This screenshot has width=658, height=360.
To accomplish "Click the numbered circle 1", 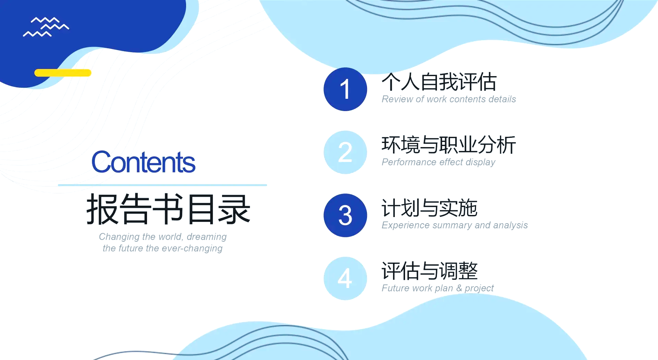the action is [345, 89].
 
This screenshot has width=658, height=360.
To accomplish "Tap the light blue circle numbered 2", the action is [345, 152].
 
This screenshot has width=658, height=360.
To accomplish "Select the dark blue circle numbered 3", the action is [345, 215].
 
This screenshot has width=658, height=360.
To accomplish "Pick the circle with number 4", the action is [345, 278].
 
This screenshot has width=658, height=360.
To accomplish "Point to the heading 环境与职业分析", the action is [449, 145].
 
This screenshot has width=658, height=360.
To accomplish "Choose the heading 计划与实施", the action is [429, 208].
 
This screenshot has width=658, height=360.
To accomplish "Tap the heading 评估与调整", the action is [429, 271].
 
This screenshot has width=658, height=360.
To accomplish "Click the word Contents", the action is [143, 162].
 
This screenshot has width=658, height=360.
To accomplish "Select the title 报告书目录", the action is [168, 209].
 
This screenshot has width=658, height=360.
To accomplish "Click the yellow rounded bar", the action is [63, 73].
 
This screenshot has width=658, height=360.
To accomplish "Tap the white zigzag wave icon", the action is [46, 27].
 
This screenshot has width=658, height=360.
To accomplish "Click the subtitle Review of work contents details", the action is [449, 99].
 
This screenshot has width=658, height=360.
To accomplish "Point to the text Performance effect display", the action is [438, 162].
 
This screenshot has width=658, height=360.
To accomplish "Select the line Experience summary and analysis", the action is [454, 225].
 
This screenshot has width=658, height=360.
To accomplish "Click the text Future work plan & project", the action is [438, 288].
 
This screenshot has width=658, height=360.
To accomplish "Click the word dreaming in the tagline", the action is [207, 237].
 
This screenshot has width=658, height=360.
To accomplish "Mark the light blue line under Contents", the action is [162, 185].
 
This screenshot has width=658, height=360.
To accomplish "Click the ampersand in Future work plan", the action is [459, 288].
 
